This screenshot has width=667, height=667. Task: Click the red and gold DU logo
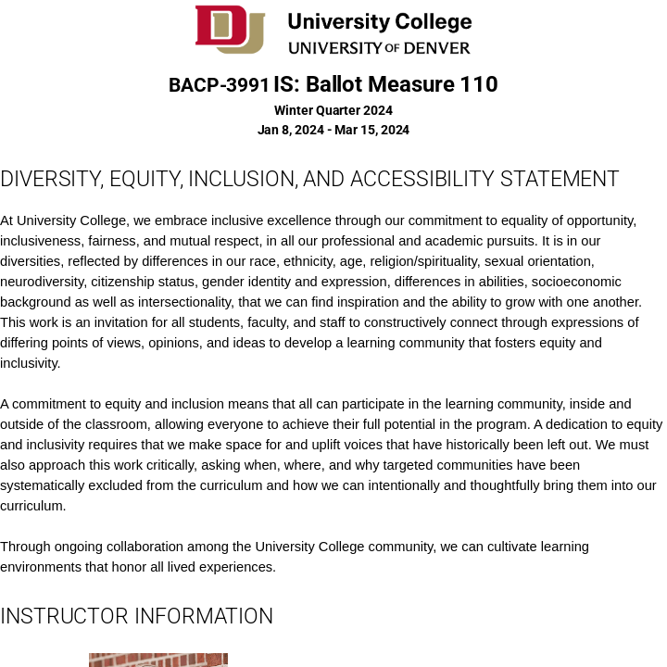pos(230,29)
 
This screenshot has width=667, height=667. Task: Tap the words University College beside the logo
pos(379,21)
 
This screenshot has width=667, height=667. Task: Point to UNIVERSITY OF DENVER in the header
pos(379,48)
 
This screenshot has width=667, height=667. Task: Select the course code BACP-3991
pos(219,85)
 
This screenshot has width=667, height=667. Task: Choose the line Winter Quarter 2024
pos(333,110)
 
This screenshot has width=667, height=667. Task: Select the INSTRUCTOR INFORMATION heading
pos(137,616)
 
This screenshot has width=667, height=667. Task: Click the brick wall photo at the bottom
pos(158,660)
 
